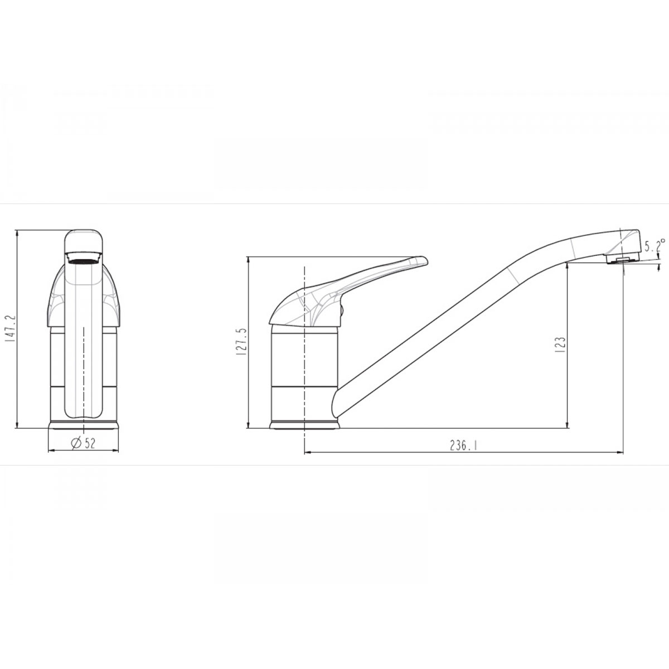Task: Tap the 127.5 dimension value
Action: (x=241, y=341)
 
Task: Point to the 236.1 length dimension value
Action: (x=463, y=445)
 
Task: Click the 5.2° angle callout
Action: (x=655, y=245)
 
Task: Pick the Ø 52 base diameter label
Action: (x=83, y=443)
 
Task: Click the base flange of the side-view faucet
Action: (x=304, y=425)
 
